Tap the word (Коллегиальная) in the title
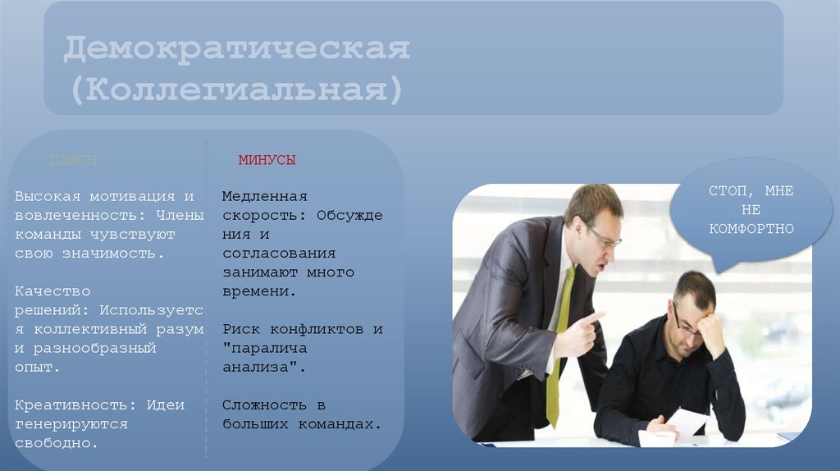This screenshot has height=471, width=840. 236,89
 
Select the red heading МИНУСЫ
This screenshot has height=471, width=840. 267,160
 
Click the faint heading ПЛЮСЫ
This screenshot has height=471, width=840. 74,160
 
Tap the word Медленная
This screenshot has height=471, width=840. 264,196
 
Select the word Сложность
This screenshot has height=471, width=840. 262,405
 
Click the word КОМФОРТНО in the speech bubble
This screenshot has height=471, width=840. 751,229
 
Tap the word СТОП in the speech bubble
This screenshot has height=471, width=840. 726,190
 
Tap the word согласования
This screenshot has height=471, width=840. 278,254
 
